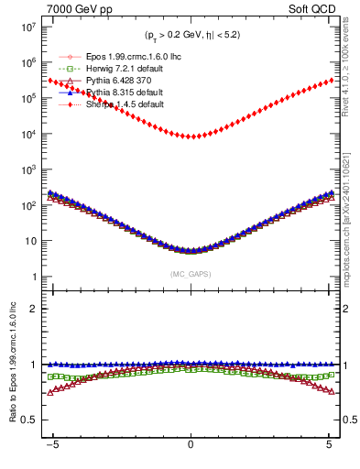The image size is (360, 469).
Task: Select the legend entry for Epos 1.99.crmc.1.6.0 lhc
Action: pos(125,57)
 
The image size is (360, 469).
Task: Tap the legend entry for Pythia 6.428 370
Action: pos(112,81)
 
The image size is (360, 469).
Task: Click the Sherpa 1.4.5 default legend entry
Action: pos(121,104)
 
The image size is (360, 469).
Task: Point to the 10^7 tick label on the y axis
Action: pos(27,27)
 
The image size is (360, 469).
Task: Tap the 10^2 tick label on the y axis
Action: pos(27,206)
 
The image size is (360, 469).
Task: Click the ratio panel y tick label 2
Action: pos(34,309)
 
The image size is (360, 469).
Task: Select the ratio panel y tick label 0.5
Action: pos(29,420)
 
